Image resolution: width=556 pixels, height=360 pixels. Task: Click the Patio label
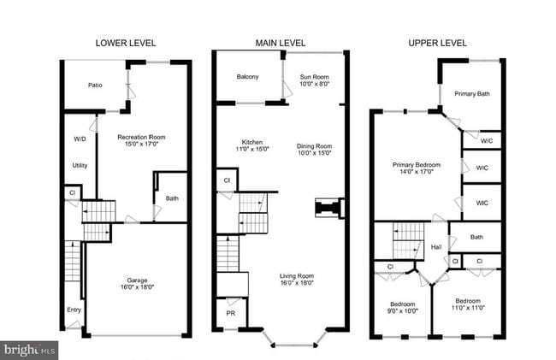click(96, 86)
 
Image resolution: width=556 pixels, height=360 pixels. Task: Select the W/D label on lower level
click(80, 139)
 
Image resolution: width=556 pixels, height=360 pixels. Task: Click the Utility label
click(80, 166)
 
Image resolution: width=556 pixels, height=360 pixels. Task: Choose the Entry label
click(72, 310)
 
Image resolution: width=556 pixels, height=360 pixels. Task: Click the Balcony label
click(248, 78)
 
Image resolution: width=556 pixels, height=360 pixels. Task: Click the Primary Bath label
click(471, 94)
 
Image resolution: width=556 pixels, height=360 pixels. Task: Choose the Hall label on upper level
click(437, 246)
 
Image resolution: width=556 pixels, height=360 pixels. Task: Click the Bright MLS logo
click(30, 350)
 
